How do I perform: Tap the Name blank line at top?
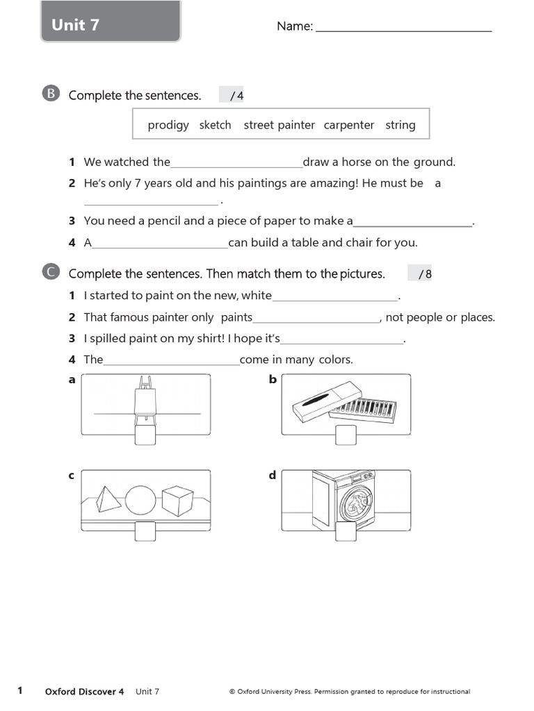click(x=403, y=29)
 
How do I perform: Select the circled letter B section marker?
click(x=51, y=94)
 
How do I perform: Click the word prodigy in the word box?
click(x=168, y=125)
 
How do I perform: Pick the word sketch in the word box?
click(x=215, y=125)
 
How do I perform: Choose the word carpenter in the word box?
click(x=349, y=125)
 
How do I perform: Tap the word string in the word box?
click(x=400, y=125)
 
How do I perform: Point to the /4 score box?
click(x=232, y=95)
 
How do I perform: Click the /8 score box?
click(x=420, y=274)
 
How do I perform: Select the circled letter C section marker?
click(x=51, y=273)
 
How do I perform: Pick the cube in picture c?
click(x=177, y=501)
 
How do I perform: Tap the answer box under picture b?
click(x=346, y=435)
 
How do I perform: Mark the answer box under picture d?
click(x=346, y=531)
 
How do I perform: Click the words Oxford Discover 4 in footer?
click(x=84, y=692)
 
